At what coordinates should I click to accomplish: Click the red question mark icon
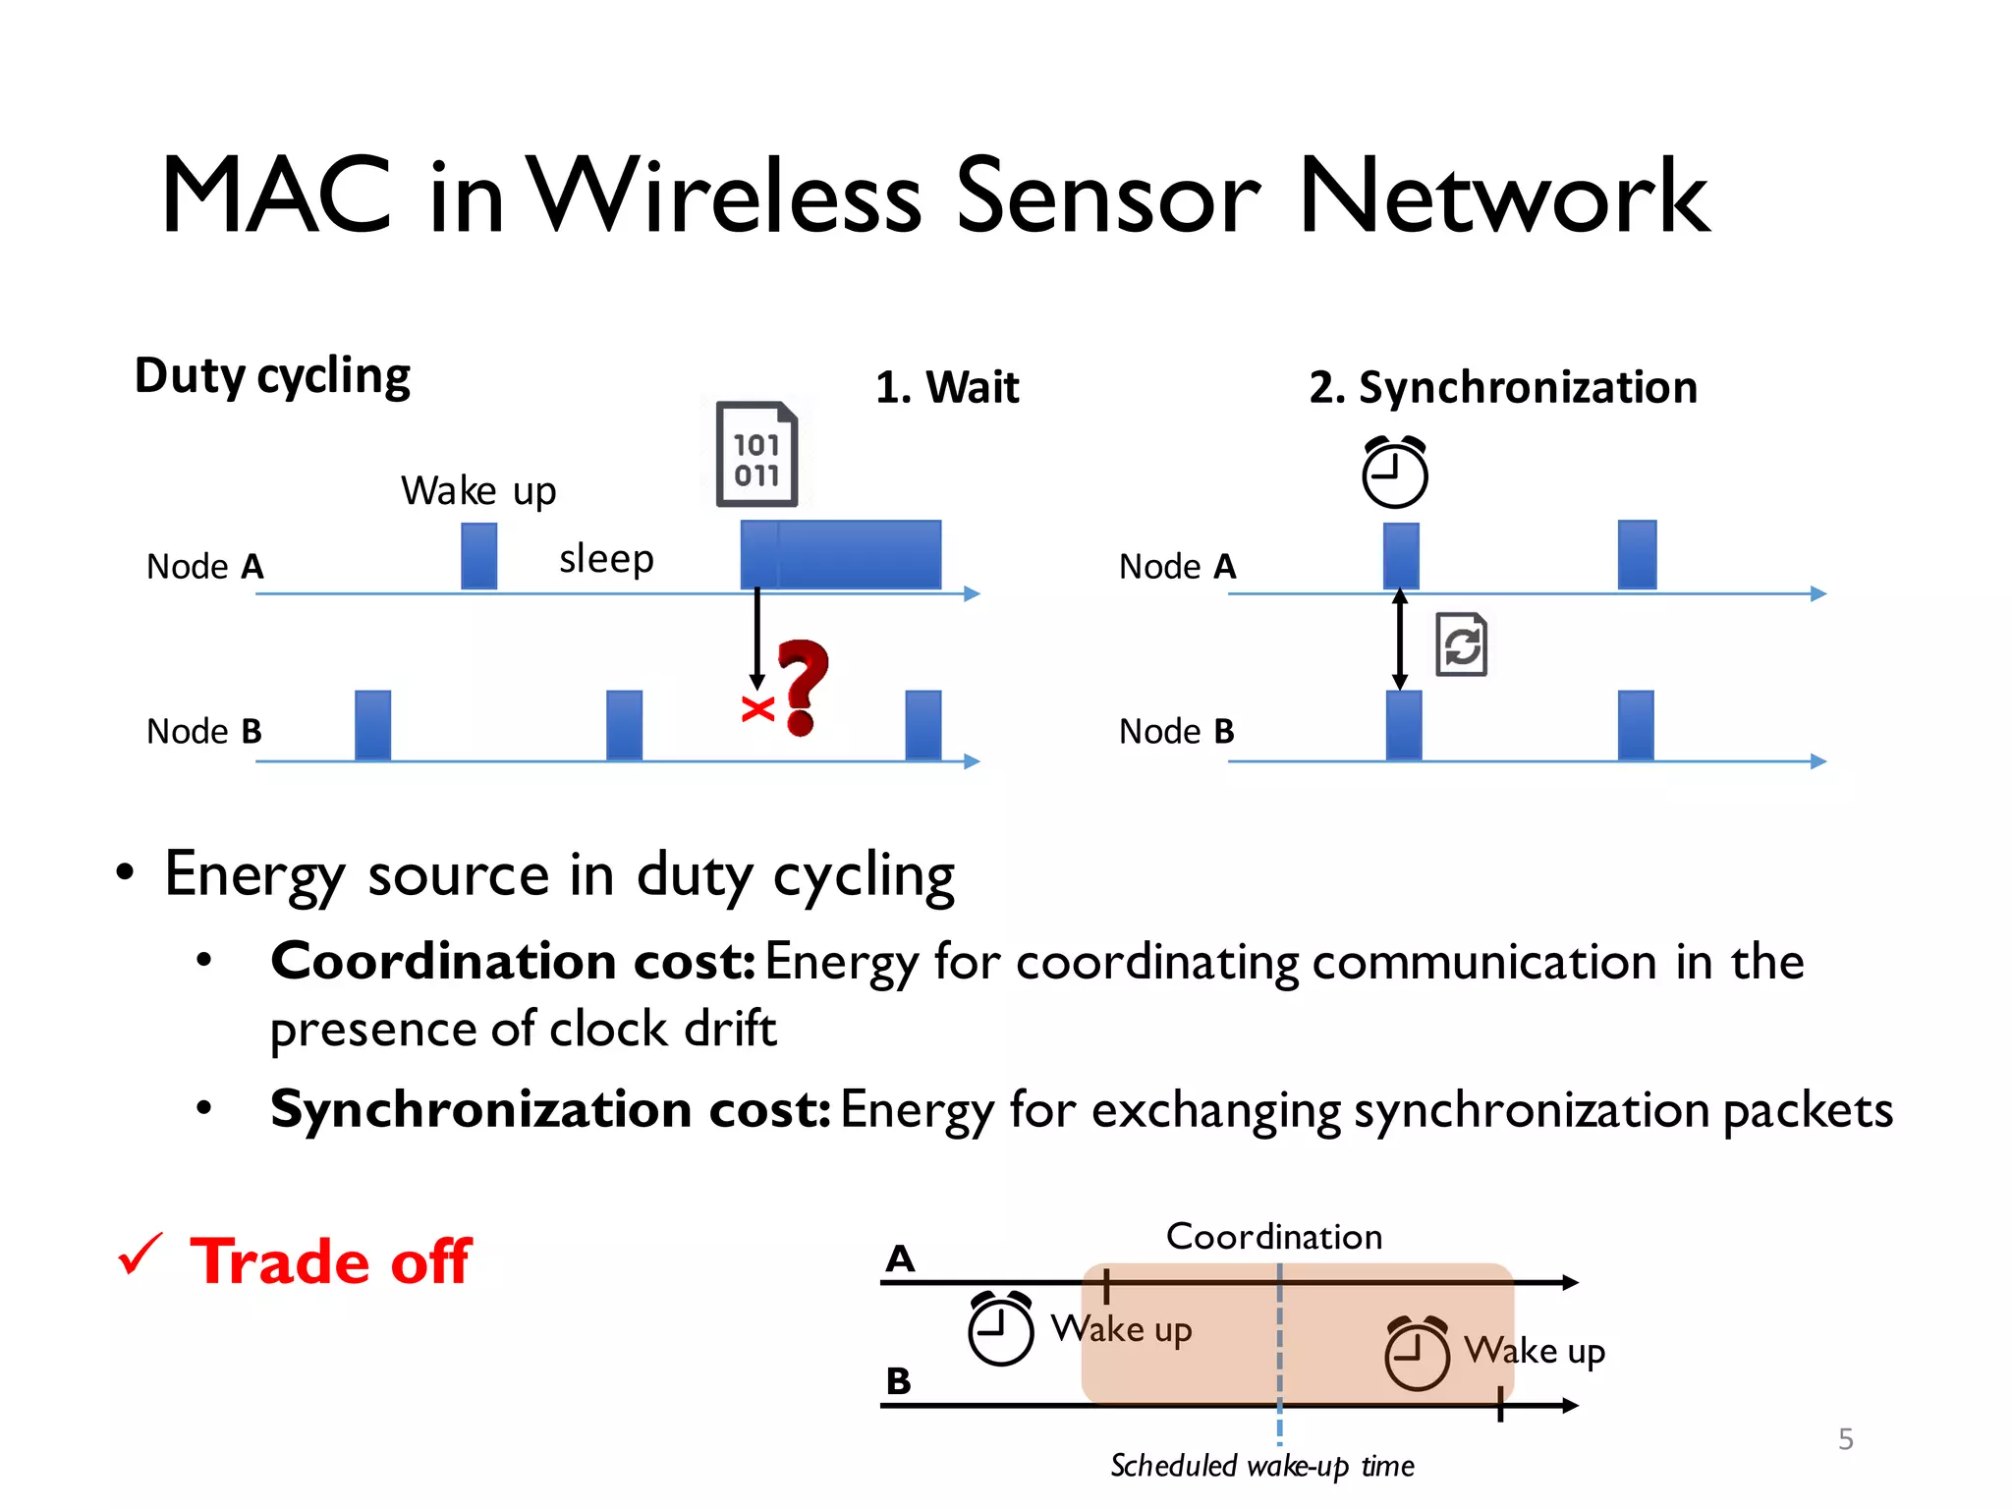tap(803, 686)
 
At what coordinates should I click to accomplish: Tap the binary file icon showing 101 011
tap(755, 455)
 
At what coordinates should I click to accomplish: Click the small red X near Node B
tap(757, 708)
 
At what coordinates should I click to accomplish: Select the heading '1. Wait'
tap(947, 387)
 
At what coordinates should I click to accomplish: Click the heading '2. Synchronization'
tap(1502, 387)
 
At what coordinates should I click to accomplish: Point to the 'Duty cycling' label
tap(272, 376)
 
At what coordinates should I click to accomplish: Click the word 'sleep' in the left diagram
tap(606, 558)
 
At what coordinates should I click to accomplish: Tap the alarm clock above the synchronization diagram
tap(1394, 473)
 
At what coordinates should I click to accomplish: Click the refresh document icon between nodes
tap(1461, 645)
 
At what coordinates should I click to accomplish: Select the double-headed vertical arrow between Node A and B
tap(1400, 640)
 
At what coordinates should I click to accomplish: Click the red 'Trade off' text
tap(331, 1261)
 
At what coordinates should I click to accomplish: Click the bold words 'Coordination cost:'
tap(512, 961)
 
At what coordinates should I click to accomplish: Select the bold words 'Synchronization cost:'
tap(550, 1110)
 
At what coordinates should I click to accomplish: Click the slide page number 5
tap(1845, 1439)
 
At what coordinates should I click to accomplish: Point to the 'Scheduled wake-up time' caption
tap(1261, 1466)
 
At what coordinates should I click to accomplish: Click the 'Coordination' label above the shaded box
tap(1273, 1236)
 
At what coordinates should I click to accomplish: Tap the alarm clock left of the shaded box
tap(1000, 1329)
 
